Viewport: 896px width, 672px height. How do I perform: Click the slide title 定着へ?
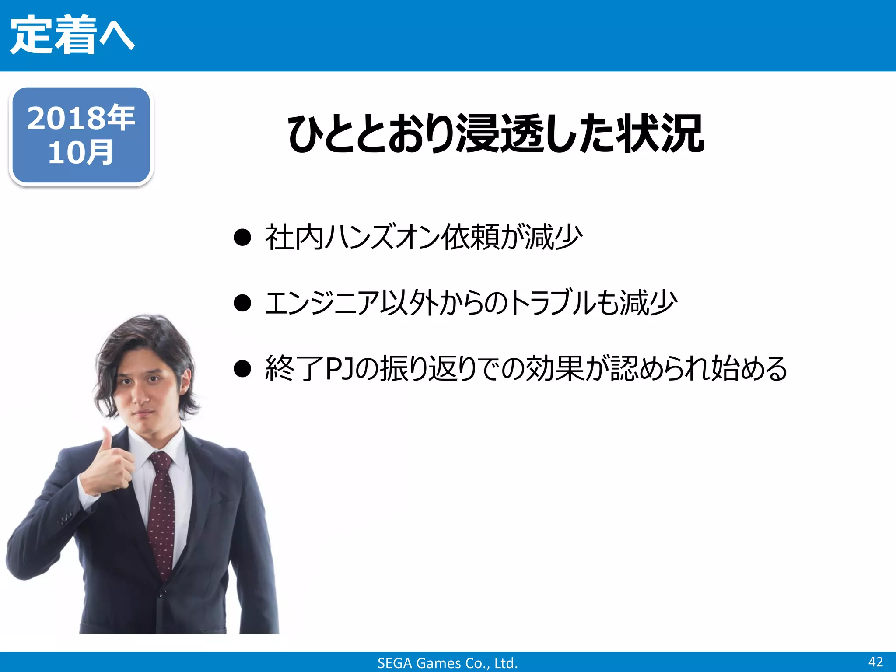[x=72, y=35]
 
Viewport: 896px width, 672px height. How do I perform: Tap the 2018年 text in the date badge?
[x=81, y=118]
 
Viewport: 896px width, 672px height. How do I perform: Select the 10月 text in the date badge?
[x=81, y=153]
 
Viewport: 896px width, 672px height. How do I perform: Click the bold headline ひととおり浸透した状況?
[x=496, y=134]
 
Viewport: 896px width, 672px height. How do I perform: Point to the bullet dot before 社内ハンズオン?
[x=242, y=238]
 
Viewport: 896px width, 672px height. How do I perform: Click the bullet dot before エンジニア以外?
[x=242, y=303]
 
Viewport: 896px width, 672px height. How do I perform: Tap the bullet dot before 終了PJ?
[x=242, y=368]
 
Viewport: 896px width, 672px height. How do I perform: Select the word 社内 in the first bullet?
[x=294, y=238]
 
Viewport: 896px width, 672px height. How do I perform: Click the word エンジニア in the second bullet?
[x=322, y=303]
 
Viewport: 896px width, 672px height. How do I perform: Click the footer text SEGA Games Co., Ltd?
[x=448, y=663]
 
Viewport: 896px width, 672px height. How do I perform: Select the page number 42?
[x=875, y=661]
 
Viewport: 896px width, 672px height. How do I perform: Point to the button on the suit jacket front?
[x=161, y=594]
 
